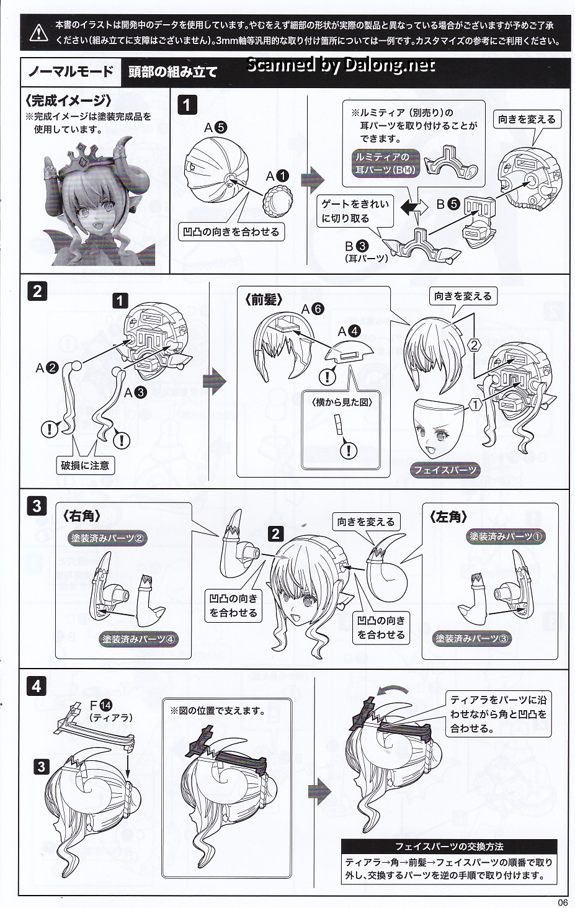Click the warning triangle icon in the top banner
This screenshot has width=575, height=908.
pyautogui.click(x=38, y=33)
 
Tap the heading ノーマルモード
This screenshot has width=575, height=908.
pyautogui.click(x=71, y=72)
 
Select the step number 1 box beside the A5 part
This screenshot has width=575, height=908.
pyautogui.click(x=187, y=105)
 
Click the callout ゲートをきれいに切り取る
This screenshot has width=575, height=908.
pyautogui.click(x=355, y=211)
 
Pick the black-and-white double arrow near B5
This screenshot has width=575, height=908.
pyautogui.click(x=414, y=207)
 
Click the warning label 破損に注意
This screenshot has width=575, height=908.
pyautogui.click(x=85, y=465)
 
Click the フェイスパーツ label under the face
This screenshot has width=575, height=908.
pyautogui.click(x=445, y=470)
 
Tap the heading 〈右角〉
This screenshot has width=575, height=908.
pyautogui.click(x=81, y=516)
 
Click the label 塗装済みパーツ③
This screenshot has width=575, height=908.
pyautogui.click(x=471, y=638)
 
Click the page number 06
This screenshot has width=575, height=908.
pyautogui.click(x=563, y=902)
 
